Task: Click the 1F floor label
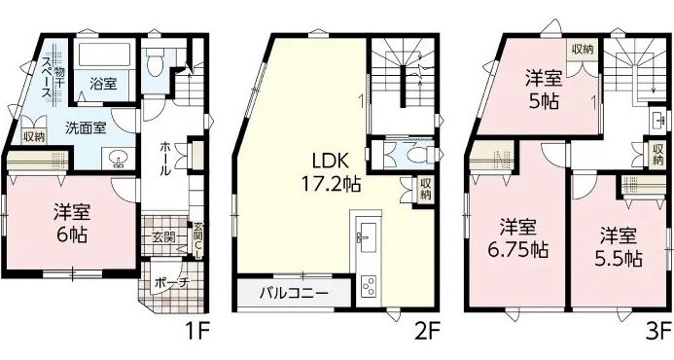tap(196, 332)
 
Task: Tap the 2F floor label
tap(427, 332)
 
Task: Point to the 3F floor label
tap(659, 332)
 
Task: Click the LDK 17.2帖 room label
tap(330, 172)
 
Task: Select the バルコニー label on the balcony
tap(294, 294)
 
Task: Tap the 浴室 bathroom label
tap(103, 83)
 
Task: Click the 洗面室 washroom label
tap(86, 127)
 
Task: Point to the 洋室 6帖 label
tap(72, 224)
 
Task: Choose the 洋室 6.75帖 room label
tap(518, 237)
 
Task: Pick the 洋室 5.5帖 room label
tap(619, 247)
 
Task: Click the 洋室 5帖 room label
tap(545, 91)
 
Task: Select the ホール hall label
tap(165, 159)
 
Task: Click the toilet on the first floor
tap(154, 62)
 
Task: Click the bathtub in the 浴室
tap(103, 54)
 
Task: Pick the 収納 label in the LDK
tap(426, 189)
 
